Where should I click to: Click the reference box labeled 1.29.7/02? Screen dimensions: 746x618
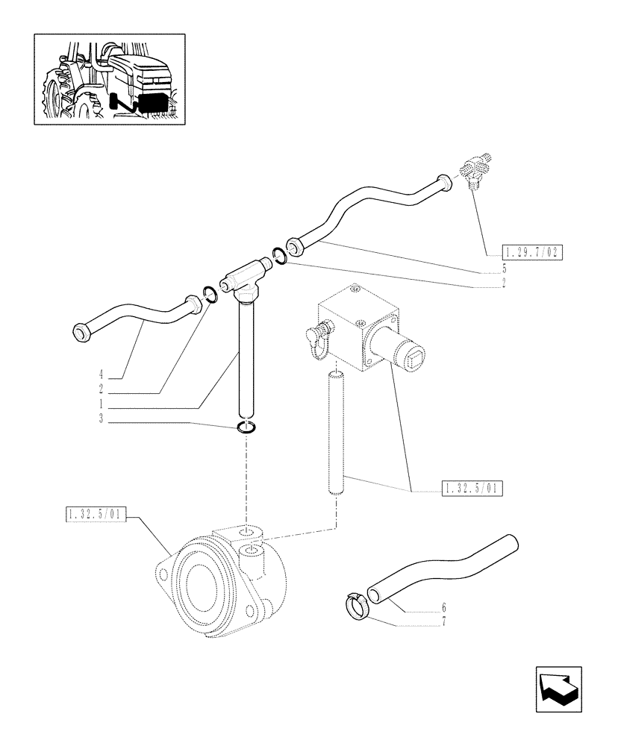coord(531,252)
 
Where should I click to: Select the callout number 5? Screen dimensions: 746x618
coord(504,267)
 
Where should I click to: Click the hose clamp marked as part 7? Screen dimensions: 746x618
coord(358,604)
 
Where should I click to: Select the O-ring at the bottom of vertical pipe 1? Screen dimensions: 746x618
coord(246,428)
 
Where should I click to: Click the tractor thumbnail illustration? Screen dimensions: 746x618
coord(109,78)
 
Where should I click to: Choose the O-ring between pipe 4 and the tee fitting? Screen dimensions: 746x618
coord(210,295)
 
